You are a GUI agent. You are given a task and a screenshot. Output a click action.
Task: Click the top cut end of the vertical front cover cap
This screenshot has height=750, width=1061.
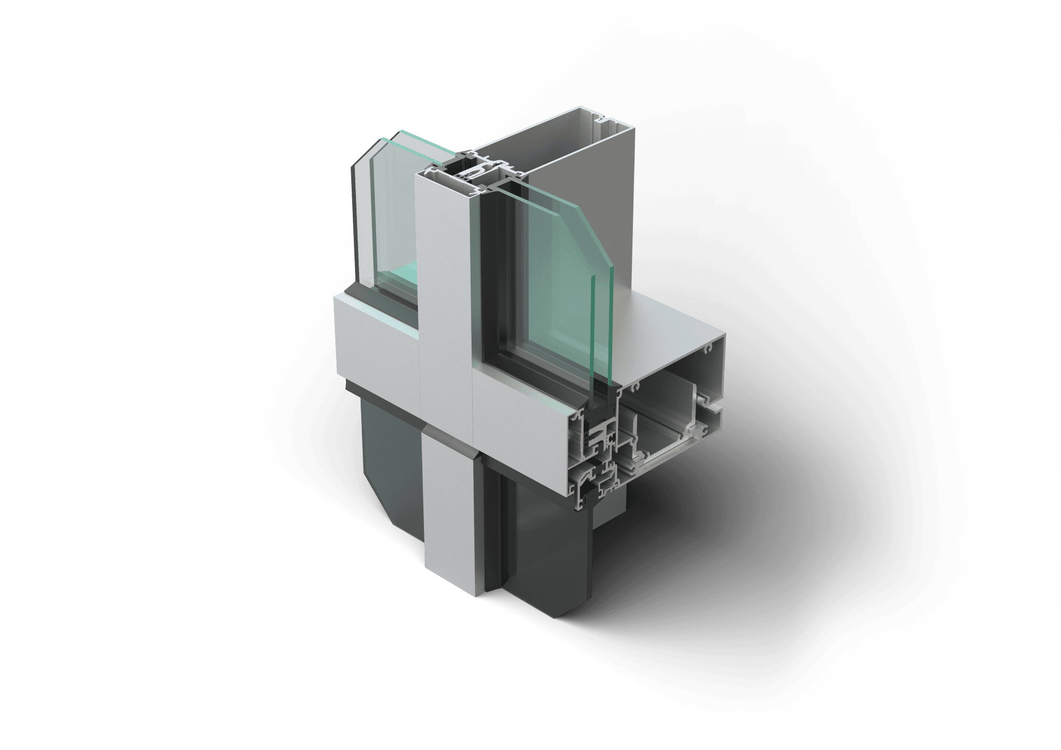pos(443,171)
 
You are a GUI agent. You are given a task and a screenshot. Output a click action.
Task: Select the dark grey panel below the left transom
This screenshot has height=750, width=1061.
pos(387,461)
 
